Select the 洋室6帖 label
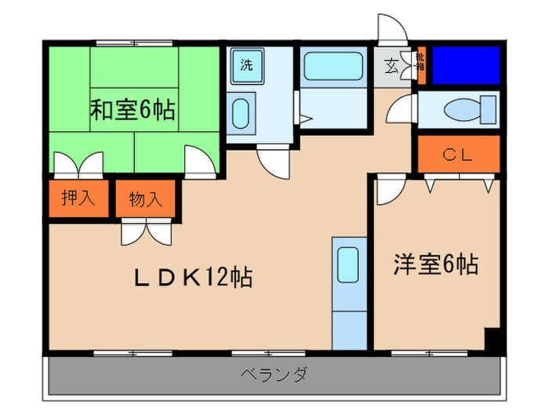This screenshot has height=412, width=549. click(x=436, y=264)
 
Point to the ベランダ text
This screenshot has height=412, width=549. click(x=274, y=374)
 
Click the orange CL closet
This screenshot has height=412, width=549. click(x=458, y=155)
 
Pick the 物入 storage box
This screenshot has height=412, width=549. click(x=146, y=199)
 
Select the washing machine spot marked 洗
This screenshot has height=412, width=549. click(x=247, y=66)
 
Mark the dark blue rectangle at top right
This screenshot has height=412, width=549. click(x=466, y=65)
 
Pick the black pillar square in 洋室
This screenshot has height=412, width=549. click(x=493, y=340)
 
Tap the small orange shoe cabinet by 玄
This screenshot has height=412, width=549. click(x=421, y=66)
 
